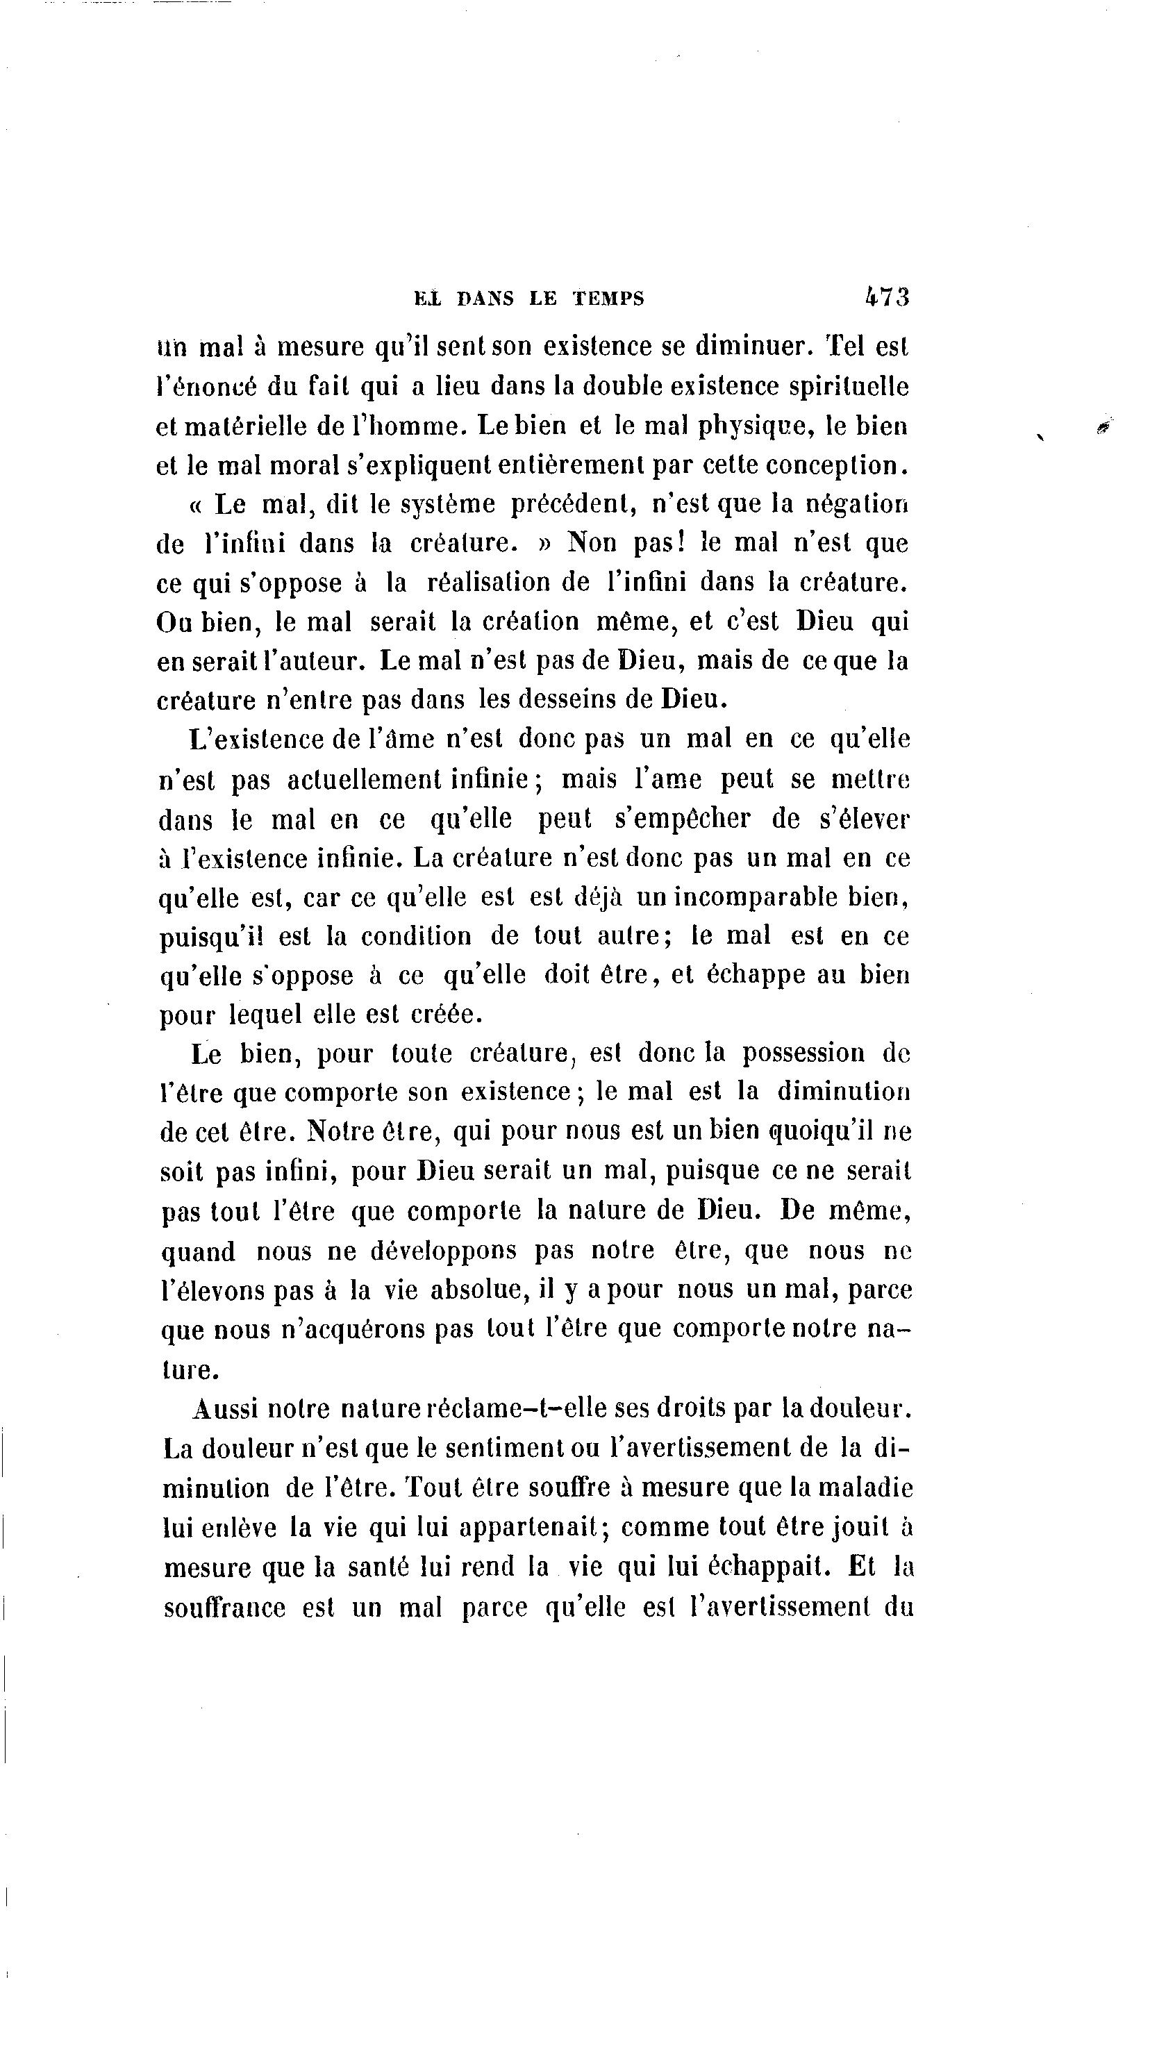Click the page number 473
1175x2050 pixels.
(x=887, y=297)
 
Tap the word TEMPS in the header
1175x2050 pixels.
(x=608, y=299)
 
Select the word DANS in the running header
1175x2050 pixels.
(x=485, y=299)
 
